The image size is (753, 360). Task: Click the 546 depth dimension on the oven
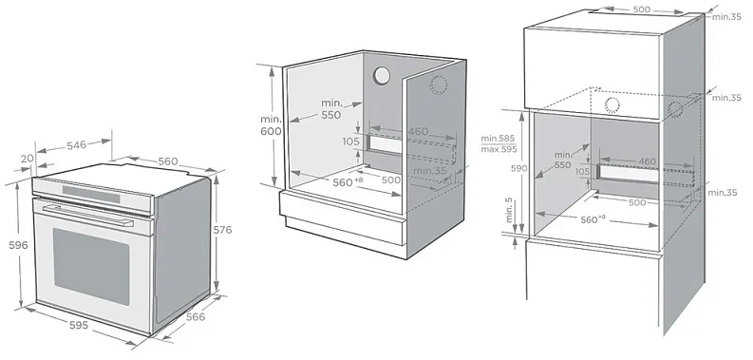click(76, 144)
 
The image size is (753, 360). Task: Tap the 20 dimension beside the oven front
click(28, 158)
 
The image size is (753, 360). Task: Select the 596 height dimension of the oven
click(19, 245)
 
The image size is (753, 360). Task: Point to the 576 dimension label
click(222, 230)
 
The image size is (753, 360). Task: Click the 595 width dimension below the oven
click(79, 325)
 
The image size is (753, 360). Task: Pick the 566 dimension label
click(196, 316)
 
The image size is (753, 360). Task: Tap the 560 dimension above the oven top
click(168, 161)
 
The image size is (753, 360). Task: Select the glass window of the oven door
click(91, 265)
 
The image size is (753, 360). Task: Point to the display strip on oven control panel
click(91, 194)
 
